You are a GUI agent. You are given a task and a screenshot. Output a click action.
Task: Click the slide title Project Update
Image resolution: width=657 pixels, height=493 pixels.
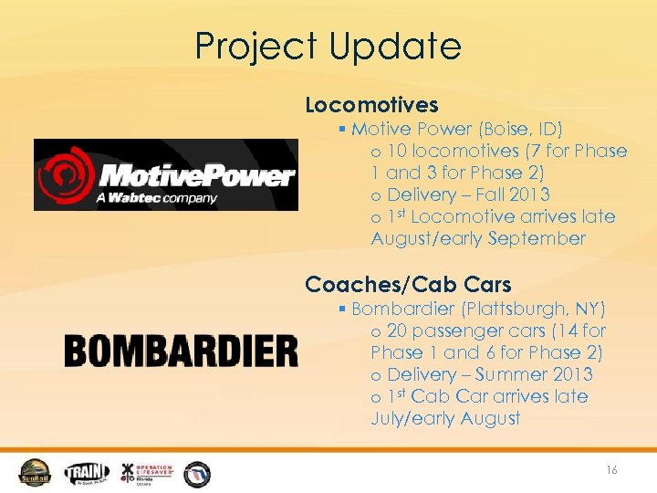point(328,46)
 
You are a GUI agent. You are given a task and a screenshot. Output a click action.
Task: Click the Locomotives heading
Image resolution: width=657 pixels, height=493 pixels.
point(371,105)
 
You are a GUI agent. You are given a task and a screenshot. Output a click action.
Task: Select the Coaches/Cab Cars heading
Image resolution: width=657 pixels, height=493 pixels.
point(408,284)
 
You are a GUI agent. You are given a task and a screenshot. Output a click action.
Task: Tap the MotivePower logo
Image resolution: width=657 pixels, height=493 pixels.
point(166,174)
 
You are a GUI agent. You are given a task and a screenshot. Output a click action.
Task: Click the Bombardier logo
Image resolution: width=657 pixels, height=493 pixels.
point(181,351)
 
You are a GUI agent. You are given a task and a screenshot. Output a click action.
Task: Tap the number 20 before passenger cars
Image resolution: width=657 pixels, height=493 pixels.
point(399,330)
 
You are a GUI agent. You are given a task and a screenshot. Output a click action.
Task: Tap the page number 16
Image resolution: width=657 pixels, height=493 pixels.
point(611,469)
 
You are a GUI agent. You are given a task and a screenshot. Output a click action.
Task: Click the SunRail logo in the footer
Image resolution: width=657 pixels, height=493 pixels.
point(36,472)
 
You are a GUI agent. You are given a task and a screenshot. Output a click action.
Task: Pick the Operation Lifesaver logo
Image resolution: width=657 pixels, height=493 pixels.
point(146,472)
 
